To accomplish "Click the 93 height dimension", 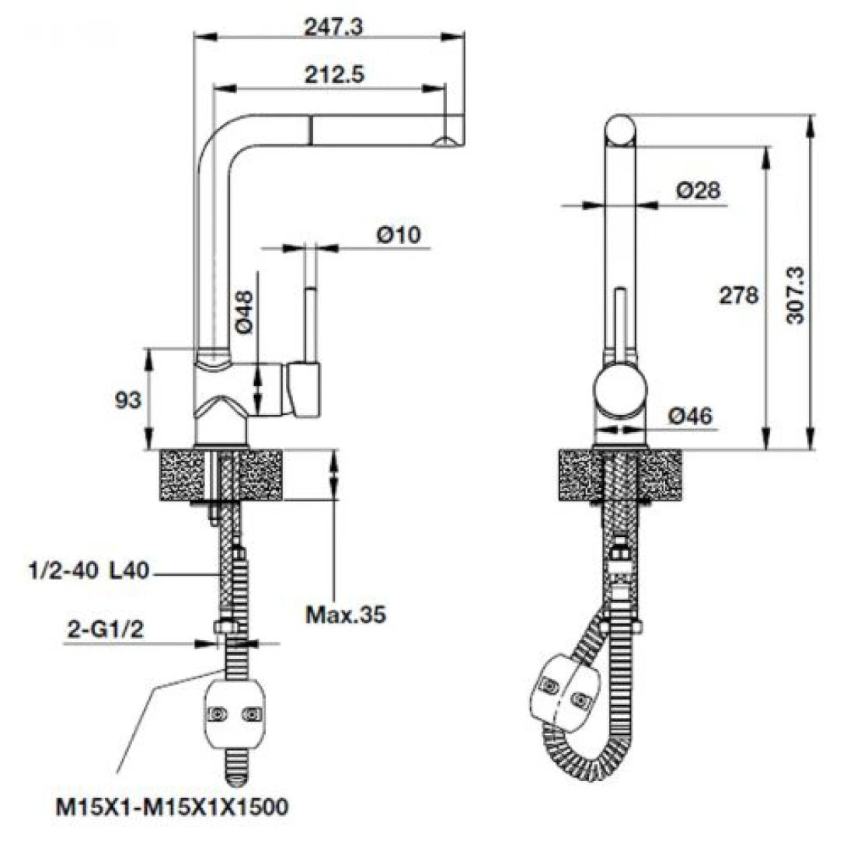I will coord(127,400).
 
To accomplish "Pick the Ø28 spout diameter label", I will coord(698,190).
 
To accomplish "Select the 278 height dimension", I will coord(738,295).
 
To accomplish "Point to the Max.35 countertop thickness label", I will coord(345,615).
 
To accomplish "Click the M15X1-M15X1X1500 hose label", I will coord(172,807).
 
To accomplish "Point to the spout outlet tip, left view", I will coord(448,141).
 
